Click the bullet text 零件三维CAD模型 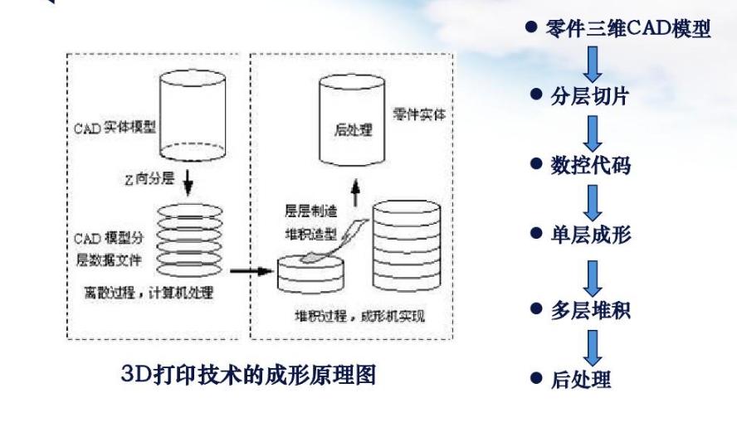coord(628,29)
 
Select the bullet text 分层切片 coord(589,96)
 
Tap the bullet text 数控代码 coord(590,165)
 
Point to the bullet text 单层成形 coord(590,235)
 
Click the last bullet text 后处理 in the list coord(581,380)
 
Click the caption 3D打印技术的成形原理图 coord(248,375)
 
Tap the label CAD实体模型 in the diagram coord(116,129)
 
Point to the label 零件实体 coord(419,114)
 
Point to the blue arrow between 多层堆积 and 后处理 coord(593,346)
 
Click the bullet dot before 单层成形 coord(535,235)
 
